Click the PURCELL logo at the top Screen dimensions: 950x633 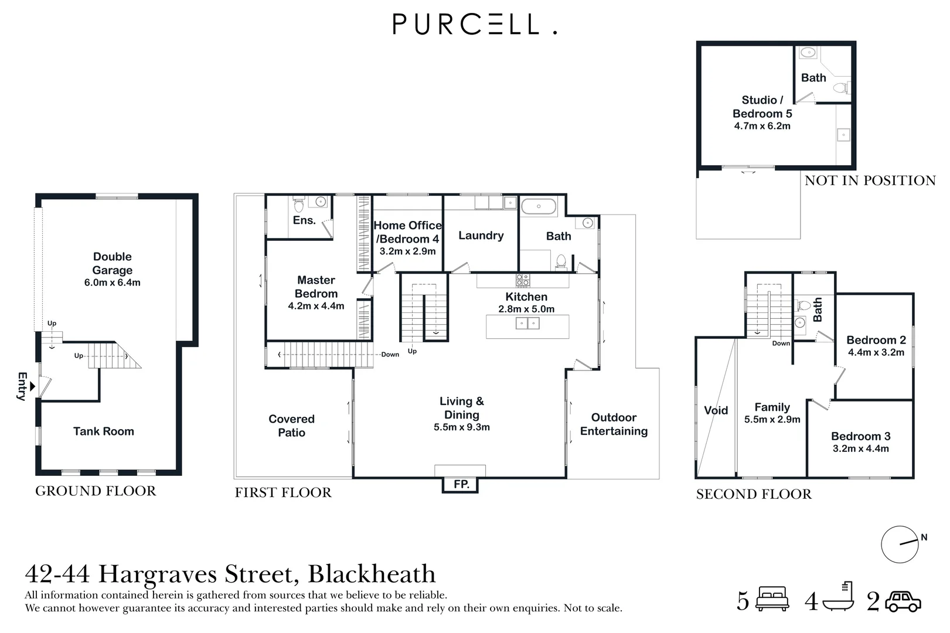[474, 24]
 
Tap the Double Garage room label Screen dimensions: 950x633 [113, 264]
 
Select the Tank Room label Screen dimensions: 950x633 [104, 431]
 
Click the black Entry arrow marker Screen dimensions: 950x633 [32, 386]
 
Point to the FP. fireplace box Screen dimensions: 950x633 [461, 484]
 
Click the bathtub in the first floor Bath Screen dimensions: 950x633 [538, 207]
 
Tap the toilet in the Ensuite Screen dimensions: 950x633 [298, 205]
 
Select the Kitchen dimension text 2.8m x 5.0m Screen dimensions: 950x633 [526, 309]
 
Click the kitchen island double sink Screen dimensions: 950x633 [527, 324]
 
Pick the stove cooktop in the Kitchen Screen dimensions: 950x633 [523, 280]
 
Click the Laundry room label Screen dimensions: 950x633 [481, 236]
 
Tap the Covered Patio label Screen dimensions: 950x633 [292, 426]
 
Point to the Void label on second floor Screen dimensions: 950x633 [716, 410]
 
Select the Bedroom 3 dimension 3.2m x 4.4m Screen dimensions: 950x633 [861, 449]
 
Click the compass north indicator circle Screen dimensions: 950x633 [900, 544]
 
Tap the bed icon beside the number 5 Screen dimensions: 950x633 [772, 598]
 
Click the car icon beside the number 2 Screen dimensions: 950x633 [903, 601]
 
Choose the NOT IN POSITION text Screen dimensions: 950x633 [870, 181]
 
